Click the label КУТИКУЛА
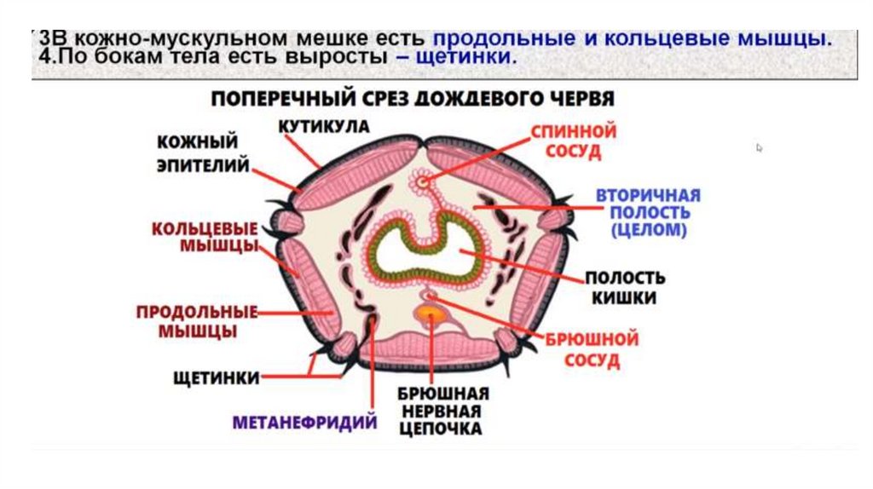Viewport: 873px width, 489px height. pos(323,126)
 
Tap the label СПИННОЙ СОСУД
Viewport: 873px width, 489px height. pos(573,142)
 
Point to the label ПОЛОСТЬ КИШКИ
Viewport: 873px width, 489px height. pos(625,288)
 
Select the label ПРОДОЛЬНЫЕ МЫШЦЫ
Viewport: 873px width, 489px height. pos(197,320)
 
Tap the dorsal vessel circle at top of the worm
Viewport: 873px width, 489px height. pos(423,180)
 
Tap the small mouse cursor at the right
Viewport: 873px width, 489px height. pos(759,147)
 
